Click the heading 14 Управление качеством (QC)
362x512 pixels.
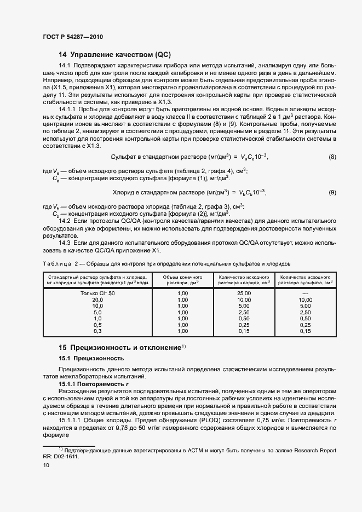coord(115,55)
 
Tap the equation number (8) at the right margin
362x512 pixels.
coord(332,157)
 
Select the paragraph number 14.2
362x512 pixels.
coord(65,220)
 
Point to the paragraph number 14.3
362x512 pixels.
coord(65,242)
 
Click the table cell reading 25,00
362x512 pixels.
coord(244,294)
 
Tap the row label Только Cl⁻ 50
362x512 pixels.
coord(97,294)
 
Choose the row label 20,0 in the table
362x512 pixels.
coord(97,300)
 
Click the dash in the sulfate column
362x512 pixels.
coord(306,294)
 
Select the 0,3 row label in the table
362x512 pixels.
coord(97,331)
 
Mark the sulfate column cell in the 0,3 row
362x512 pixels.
coord(306,331)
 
